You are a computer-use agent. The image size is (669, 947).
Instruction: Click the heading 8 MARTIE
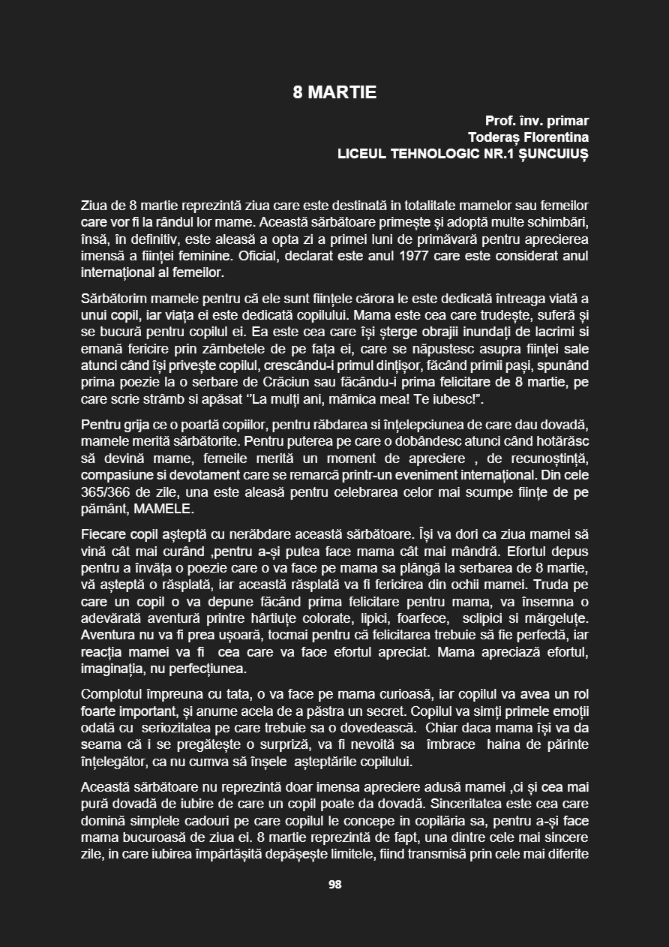[334, 93]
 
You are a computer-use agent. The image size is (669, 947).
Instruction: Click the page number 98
[334, 885]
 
